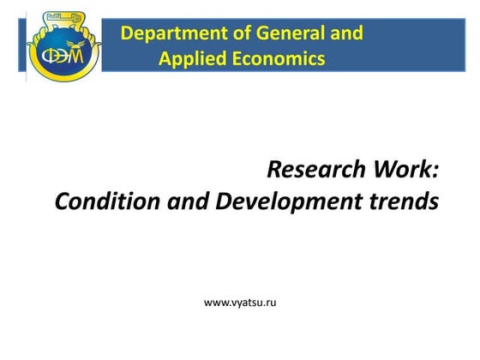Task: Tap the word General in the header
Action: tap(282, 34)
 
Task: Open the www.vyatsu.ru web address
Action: tap(240, 302)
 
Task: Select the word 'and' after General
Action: tap(345, 34)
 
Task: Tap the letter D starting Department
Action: tap(128, 34)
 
